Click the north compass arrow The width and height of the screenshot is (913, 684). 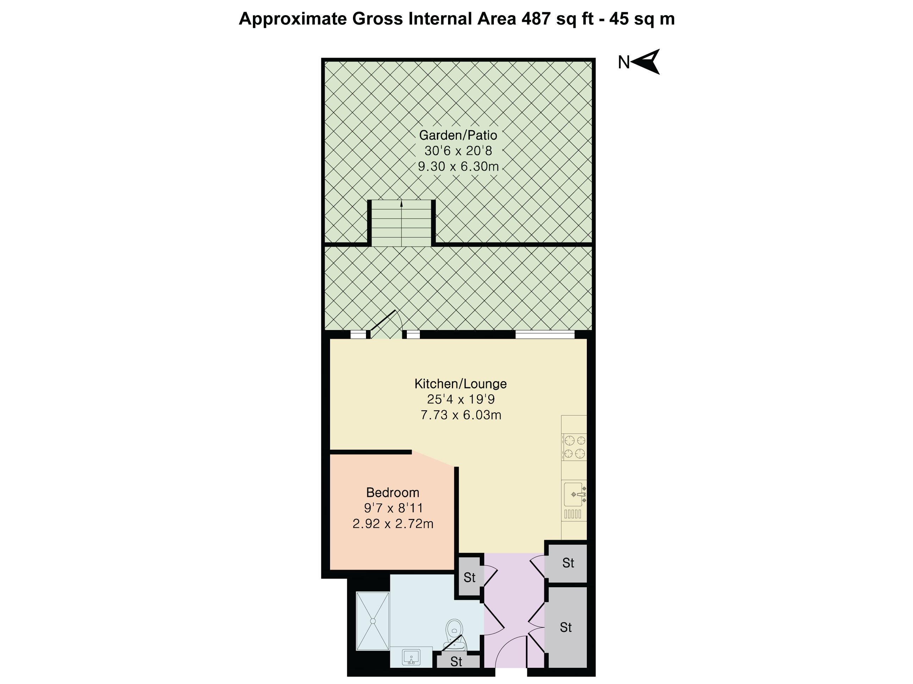[x=646, y=62]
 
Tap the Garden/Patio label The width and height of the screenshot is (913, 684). [x=458, y=135]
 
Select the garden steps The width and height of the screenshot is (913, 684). [x=401, y=223]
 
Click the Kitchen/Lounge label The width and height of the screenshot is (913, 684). [x=460, y=384]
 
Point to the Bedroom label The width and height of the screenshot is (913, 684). [x=392, y=492]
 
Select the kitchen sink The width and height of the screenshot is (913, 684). [x=574, y=494]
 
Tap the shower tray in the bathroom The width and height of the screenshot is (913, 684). [x=373, y=621]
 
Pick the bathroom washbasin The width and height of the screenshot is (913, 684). [x=411, y=657]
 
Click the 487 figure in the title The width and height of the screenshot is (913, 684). [x=536, y=19]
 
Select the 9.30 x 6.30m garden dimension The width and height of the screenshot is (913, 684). [x=458, y=166]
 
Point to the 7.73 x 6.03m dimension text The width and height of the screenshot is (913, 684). [x=461, y=415]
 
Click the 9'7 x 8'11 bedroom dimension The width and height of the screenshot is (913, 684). [x=393, y=508]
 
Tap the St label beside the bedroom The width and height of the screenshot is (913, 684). [x=469, y=578]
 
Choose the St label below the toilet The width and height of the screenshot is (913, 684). [x=456, y=662]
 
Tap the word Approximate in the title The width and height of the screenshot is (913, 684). [x=292, y=19]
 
